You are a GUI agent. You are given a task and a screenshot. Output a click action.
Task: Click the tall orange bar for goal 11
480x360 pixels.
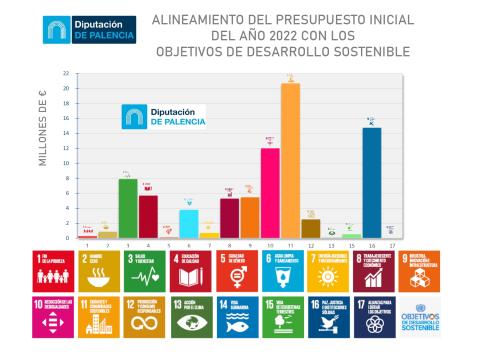(290, 160)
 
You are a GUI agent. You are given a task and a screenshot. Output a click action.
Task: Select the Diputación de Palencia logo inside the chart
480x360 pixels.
(164, 116)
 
